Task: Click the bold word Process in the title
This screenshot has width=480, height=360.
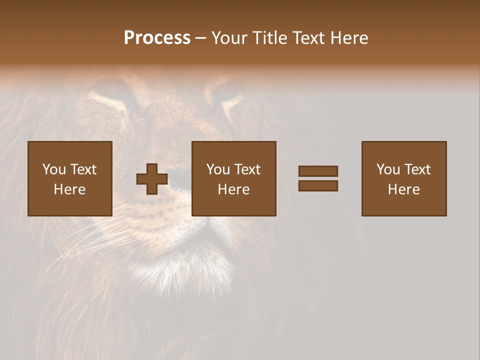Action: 157,38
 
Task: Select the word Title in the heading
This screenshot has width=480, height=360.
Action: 271,38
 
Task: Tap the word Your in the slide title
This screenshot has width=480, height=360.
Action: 230,38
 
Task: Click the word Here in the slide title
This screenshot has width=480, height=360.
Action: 348,38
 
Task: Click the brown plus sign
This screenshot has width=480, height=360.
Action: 152,179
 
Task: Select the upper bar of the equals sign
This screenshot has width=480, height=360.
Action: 318,171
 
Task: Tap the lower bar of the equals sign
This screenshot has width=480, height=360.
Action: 318,185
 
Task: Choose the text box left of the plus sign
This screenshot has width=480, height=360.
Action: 69,178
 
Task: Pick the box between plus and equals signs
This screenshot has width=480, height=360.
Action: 233,178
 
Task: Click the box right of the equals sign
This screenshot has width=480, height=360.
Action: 403,178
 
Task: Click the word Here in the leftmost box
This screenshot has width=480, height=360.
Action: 69,189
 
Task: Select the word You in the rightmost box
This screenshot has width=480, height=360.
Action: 388,169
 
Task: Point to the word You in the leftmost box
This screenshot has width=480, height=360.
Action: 54,169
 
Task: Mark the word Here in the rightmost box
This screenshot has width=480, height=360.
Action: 403,189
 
